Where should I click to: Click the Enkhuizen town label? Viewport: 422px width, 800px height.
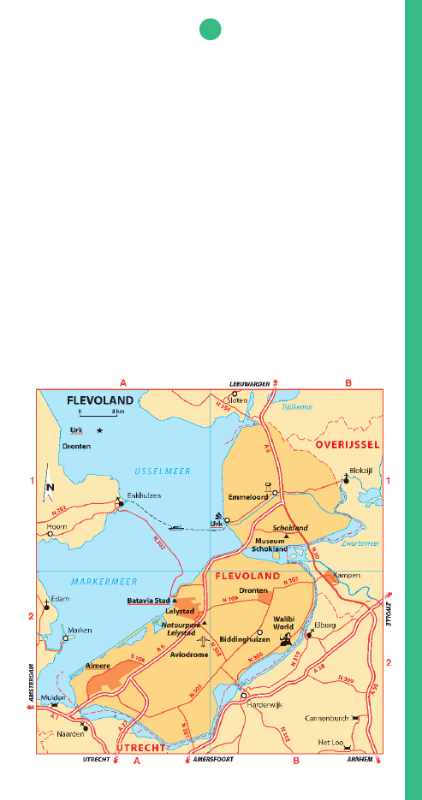(141, 495)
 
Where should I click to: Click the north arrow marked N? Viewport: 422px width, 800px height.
(51, 489)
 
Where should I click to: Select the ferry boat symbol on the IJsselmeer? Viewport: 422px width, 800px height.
(175, 527)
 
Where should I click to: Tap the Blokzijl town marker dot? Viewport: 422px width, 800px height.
(346, 480)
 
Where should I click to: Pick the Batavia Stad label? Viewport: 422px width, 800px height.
(146, 601)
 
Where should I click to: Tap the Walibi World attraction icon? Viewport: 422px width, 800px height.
(286, 638)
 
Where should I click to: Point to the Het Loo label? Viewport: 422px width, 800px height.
(330, 742)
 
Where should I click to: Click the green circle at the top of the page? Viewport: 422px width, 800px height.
(211, 30)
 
